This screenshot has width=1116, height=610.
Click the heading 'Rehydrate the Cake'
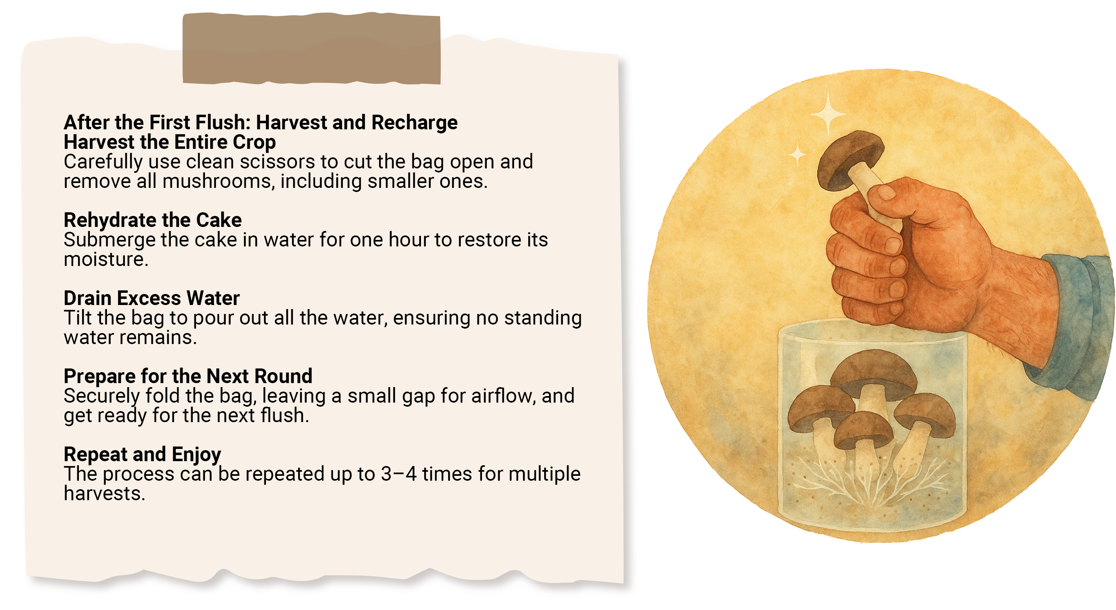click(x=153, y=220)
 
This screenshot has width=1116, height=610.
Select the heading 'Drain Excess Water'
click(x=152, y=298)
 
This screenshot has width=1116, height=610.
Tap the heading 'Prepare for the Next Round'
click(x=188, y=376)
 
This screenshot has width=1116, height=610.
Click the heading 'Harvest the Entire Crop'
click(x=170, y=142)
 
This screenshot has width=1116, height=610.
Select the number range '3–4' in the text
click(x=399, y=474)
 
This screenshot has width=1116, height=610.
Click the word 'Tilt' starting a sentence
click(x=78, y=318)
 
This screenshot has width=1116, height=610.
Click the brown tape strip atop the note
click(x=312, y=48)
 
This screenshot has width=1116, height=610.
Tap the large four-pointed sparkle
click(x=828, y=113)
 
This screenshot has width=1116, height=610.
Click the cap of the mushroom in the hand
click(x=849, y=159)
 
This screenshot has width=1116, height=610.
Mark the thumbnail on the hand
click(x=886, y=192)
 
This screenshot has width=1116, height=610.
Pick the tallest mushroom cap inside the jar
click(x=873, y=373)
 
